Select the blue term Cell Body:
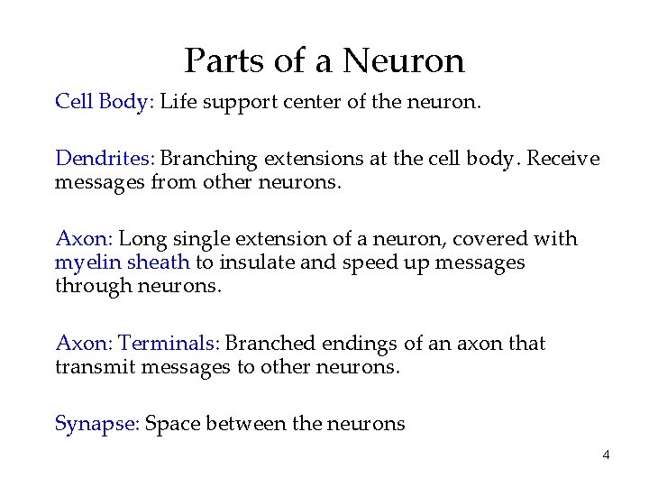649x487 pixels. pos(105,101)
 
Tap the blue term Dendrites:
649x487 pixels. pos(105,159)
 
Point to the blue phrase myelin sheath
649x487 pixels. pos(122,262)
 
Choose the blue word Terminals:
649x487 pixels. pos(169,344)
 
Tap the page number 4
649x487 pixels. pos(606,455)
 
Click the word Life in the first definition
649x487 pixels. pos(178,101)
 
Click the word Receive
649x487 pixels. pos(562,159)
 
